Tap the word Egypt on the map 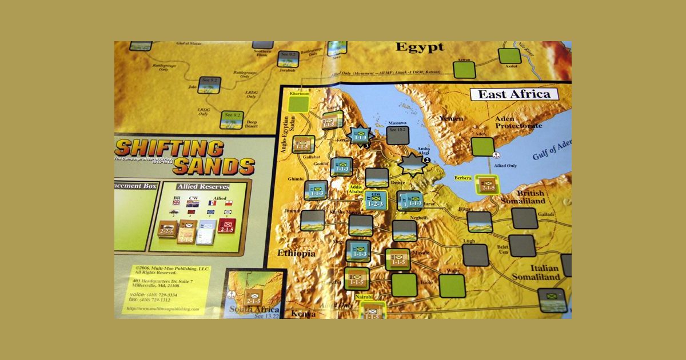click(420, 47)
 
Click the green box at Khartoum click(299, 105)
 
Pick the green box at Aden click(482, 147)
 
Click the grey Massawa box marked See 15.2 click(397, 135)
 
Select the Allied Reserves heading click(203, 187)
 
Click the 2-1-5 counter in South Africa click(253, 298)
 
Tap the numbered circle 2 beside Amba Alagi click(425, 161)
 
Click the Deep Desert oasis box click(232, 119)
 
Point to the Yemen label click(450, 118)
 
